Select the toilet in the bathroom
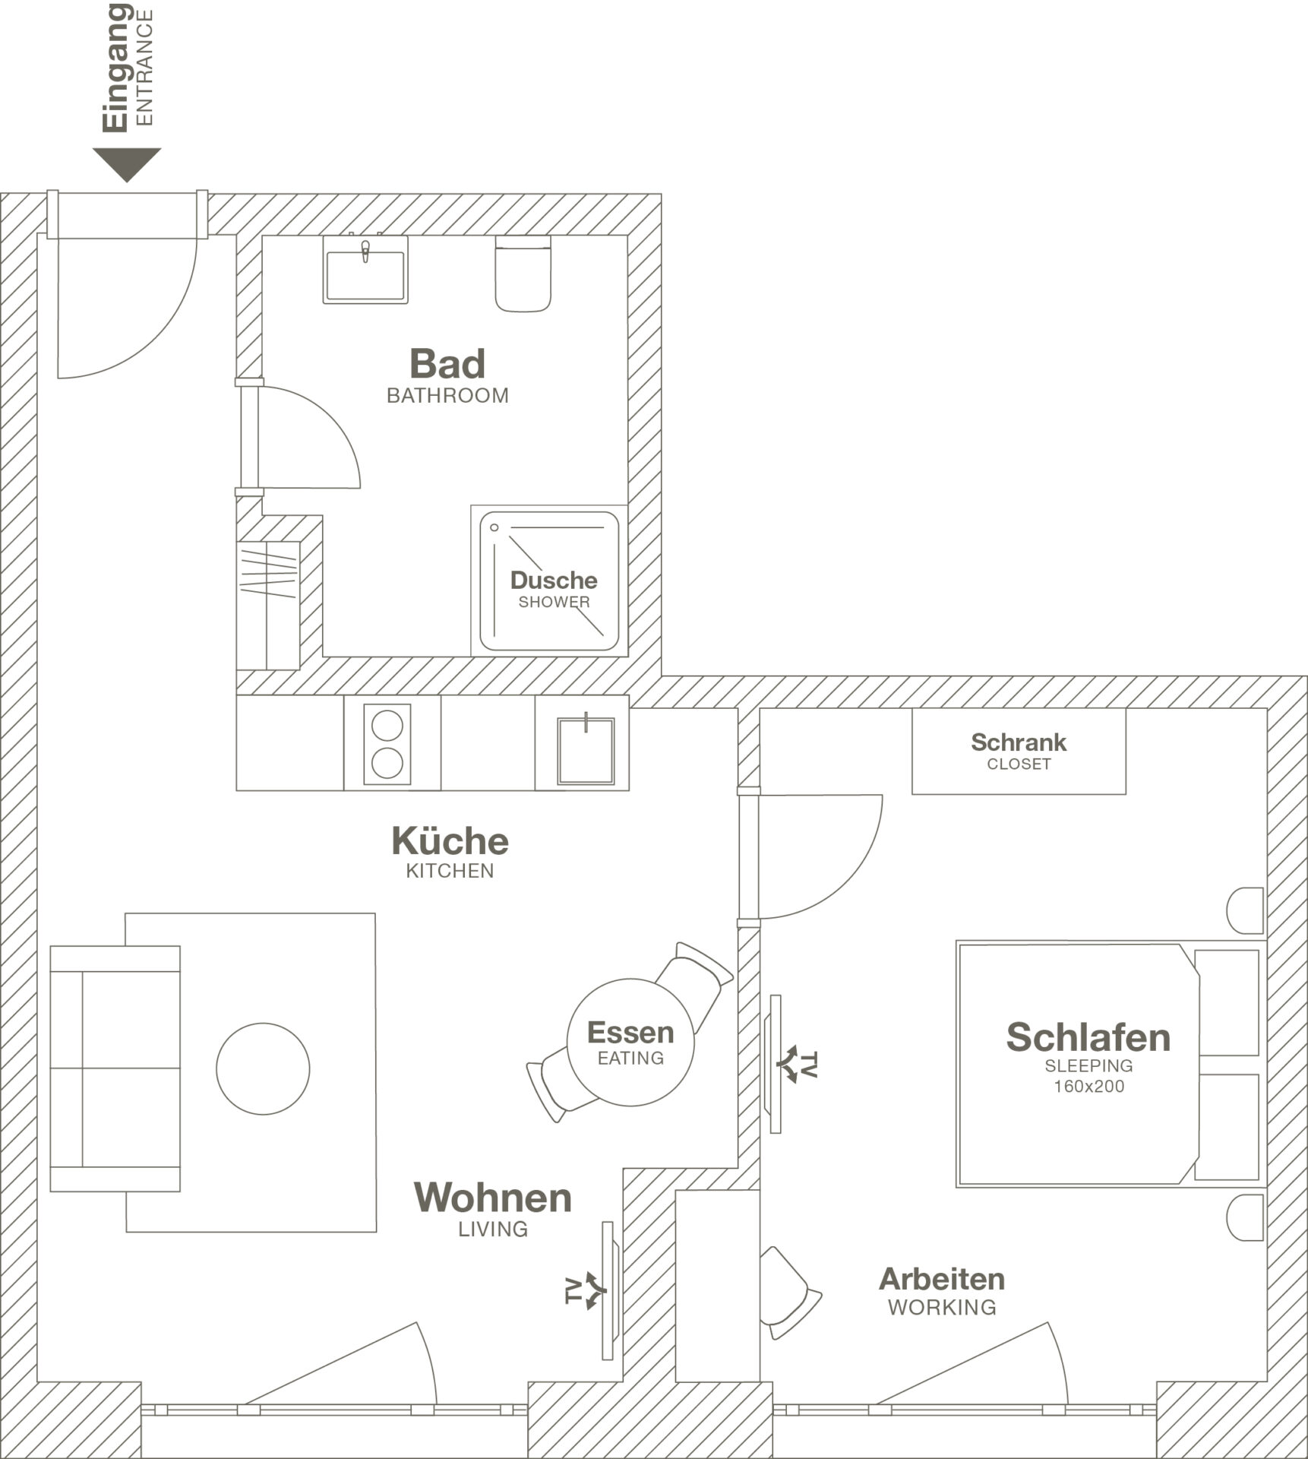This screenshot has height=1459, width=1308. click(x=523, y=274)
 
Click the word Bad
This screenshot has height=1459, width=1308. click(x=447, y=364)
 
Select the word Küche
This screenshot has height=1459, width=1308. click(x=450, y=841)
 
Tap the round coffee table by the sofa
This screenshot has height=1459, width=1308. click(x=263, y=1068)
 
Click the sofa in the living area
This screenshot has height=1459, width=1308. click(x=115, y=1068)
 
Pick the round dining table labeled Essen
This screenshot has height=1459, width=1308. click(x=630, y=1042)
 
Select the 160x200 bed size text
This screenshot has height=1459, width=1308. click(x=1088, y=1087)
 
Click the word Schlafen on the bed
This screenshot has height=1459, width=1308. click(x=1088, y=1038)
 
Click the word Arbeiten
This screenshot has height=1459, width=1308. click(x=942, y=1280)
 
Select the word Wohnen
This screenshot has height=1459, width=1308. click(x=492, y=1198)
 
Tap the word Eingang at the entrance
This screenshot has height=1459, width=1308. click(x=116, y=68)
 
